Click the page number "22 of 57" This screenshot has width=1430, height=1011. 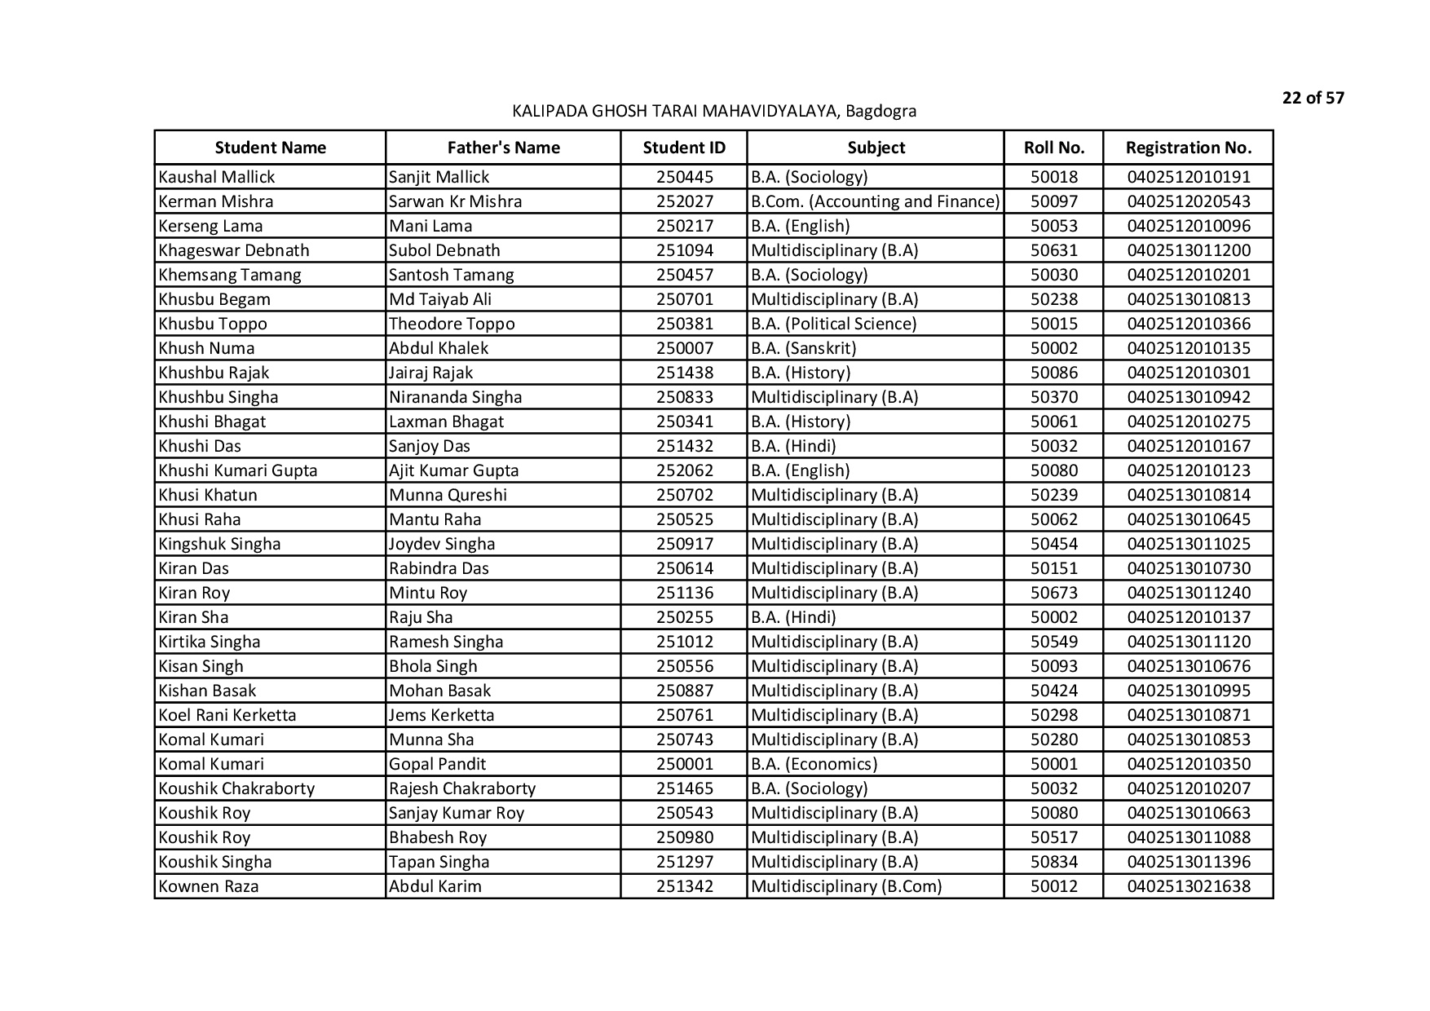tap(1313, 99)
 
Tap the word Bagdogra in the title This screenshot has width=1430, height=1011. tap(881, 112)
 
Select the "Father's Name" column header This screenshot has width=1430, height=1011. tap(503, 148)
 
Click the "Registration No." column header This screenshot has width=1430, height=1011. tap(1188, 148)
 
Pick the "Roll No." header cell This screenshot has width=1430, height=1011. tap(1053, 148)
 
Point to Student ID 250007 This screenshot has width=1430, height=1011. tap(684, 348)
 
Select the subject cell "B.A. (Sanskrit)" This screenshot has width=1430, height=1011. tap(803, 348)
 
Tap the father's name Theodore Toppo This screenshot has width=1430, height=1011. tap(452, 324)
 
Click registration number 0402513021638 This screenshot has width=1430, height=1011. tap(1188, 886)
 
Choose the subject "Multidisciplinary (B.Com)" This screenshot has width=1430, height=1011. tap(845, 886)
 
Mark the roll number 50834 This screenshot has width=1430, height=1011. tap(1053, 862)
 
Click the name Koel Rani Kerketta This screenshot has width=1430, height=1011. tap(227, 715)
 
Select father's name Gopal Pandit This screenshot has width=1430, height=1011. tap(437, 764)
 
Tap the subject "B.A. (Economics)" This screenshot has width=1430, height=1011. tap(814, 764)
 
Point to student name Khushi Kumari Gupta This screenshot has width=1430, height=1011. tap(238, 470)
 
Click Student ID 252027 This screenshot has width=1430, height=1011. tap(684, 201)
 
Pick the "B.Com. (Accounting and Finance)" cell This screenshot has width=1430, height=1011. tap(875, 201)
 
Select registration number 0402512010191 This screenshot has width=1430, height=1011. tap(1188, 177)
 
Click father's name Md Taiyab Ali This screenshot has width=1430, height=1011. tap(440, 299)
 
